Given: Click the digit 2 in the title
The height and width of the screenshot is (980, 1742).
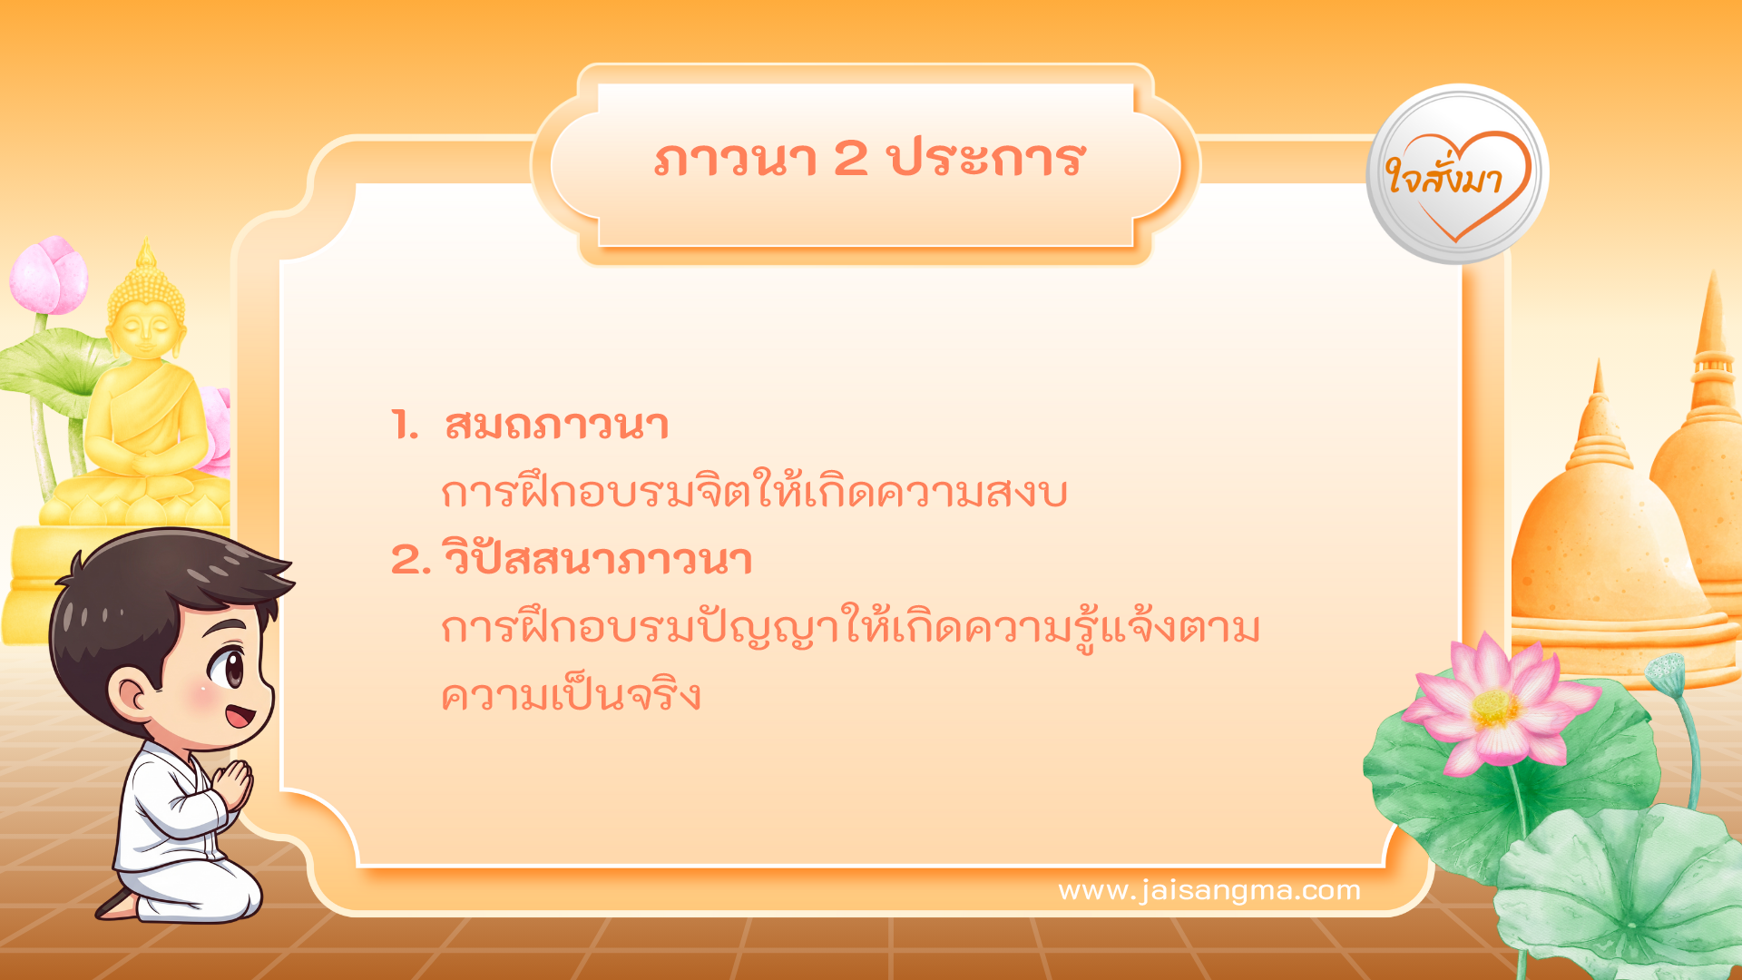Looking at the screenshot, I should point(850,159).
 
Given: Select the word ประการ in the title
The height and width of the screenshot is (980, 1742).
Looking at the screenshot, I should point(986,159).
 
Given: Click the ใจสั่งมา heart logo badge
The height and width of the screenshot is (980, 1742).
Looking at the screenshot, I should point(1457,175).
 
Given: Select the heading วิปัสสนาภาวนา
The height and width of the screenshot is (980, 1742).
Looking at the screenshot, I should point(597,559).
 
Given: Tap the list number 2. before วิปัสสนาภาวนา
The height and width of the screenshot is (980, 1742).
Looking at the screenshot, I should point(410,560).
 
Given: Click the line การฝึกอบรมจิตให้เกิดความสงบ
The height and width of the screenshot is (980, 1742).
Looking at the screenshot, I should point(753,493).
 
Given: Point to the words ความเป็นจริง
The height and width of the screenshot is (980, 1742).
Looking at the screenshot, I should point(571,696).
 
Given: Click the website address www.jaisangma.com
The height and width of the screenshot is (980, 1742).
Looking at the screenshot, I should point(1209,890).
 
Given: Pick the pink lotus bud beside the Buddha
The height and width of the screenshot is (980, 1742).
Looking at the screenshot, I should point(50,275).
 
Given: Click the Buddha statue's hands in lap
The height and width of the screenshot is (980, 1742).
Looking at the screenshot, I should point(145,463).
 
